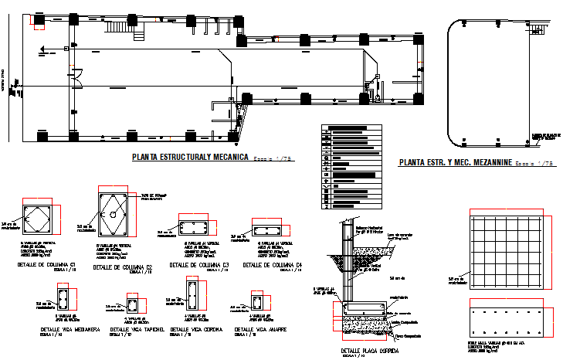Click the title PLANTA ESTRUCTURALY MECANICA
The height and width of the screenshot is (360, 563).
click(189, 157)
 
